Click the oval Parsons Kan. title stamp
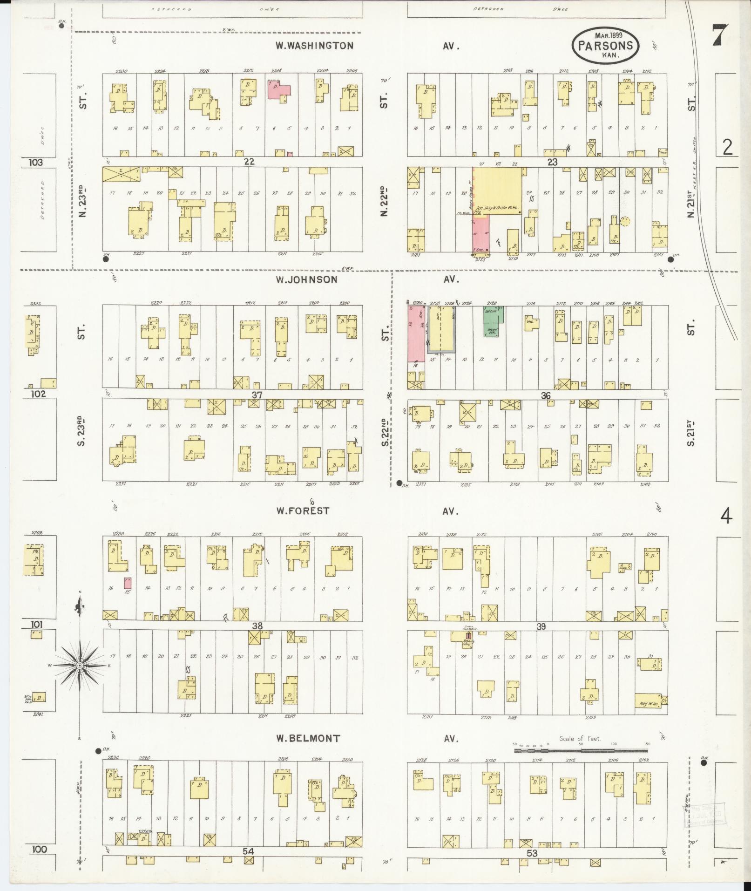coord(605,45)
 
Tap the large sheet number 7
coord(720,35)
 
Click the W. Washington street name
coord(314,46)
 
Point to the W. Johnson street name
coord(306,279)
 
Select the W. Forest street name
coord(303,511)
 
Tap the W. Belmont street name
coord(307,739)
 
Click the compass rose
coord(80,666)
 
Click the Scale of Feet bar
coord(581,751)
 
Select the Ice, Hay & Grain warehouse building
coord(498,192)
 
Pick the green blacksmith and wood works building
coord(493,322)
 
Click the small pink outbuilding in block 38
coord(128,583)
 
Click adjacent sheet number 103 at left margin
coord(35,163)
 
